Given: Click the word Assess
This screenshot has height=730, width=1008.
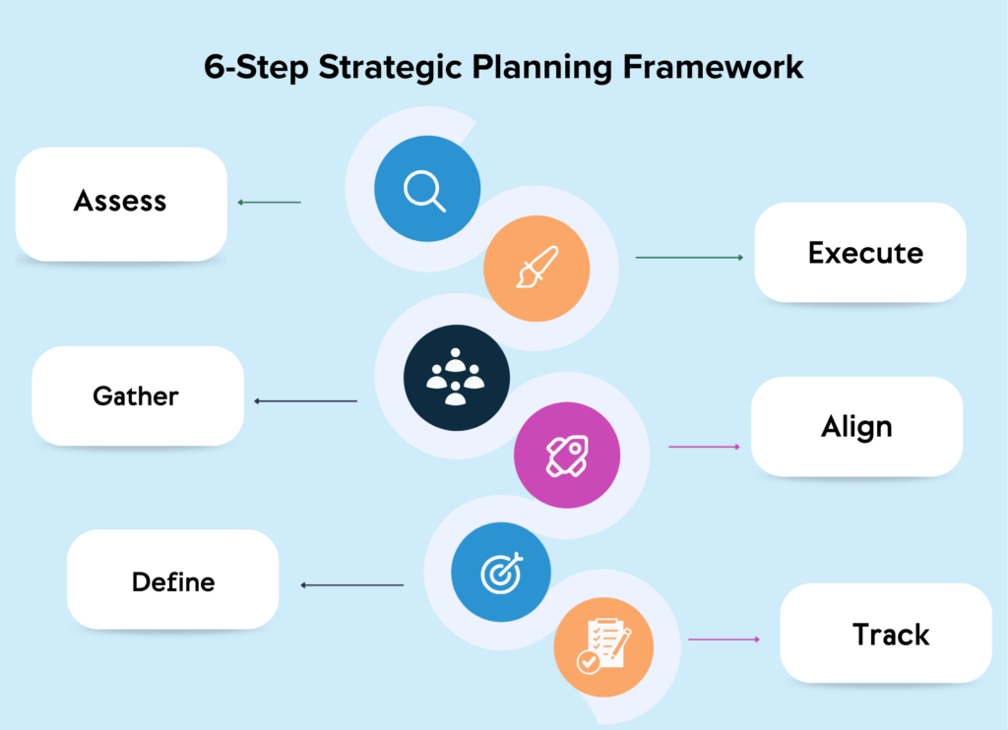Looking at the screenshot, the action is pos(120,201).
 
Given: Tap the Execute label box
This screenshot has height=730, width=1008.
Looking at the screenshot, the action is pos(860,252).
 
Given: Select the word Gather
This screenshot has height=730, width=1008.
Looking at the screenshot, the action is pos(136,395).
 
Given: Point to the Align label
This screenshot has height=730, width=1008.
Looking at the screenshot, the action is pos(857,427).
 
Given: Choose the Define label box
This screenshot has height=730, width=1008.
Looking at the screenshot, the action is pos(173,579).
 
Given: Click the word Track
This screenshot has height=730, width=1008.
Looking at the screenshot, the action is pos(891,635).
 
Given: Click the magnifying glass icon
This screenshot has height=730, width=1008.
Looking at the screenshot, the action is pos(425,191).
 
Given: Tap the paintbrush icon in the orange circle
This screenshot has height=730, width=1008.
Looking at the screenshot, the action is pos(537,267).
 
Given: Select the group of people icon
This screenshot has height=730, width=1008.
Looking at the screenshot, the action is pos(456,377).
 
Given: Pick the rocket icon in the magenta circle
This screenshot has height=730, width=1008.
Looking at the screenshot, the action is pos(567,456).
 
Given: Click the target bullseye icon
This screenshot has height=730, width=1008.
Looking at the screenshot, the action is pos(502,573).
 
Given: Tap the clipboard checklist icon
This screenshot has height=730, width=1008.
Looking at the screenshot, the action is pos(603,645).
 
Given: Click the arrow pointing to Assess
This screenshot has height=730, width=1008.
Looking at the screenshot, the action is pos(270,203).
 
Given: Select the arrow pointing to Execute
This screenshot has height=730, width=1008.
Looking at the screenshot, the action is pos(689,258).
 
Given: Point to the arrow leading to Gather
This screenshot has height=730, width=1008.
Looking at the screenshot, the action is pos(305,401).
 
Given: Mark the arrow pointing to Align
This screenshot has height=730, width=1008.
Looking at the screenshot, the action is pos(705,447).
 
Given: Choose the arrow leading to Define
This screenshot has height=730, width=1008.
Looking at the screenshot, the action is pos(352,585).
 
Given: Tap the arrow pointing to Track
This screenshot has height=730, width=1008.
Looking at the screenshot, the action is pos(724,639).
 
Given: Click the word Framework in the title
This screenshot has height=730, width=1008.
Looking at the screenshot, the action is pos(713,67).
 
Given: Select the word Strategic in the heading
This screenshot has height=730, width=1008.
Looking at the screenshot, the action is pos(390,68).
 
